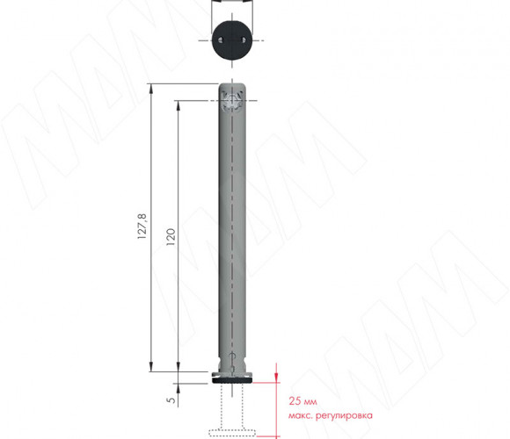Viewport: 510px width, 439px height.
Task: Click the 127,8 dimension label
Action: (142, 227)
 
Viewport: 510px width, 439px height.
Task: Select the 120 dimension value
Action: (171, 237)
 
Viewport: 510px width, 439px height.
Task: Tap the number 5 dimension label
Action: (171, 399)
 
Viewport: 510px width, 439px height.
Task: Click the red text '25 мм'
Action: (302, 401)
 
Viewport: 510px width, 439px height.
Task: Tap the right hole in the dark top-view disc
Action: (244, 40)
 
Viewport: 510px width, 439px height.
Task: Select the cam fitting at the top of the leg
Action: (232, 101)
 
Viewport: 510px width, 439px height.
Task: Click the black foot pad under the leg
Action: (232, 379)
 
